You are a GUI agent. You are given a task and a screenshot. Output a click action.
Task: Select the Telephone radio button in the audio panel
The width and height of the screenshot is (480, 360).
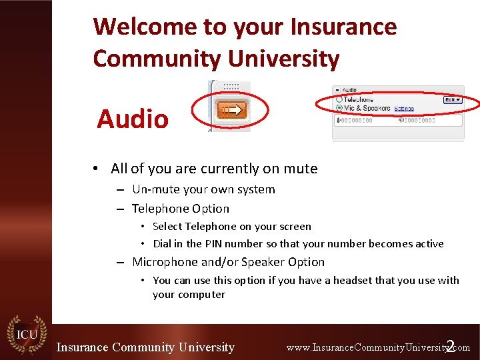coord(339,99)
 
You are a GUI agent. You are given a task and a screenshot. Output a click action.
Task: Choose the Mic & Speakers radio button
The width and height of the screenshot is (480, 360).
coord(339,107)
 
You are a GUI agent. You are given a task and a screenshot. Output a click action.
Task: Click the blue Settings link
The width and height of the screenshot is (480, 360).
coord(403,108)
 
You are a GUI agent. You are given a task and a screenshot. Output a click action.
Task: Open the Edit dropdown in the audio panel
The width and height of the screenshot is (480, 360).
coord(453,99)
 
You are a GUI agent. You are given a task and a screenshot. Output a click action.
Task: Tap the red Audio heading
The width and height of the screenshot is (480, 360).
coord(133,119)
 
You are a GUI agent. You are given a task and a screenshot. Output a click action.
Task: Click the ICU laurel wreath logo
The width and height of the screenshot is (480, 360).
coord(26,333)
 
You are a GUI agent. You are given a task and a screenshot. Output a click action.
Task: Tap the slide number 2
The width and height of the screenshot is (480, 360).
coord(451,346)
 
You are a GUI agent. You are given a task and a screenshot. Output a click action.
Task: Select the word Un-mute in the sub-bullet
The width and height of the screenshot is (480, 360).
coord(154,189)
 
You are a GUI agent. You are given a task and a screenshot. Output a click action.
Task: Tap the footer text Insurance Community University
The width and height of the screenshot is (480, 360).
coord(145,347)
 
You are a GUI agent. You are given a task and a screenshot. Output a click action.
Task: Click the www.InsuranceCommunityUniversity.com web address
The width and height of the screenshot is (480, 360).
coord(377,347)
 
